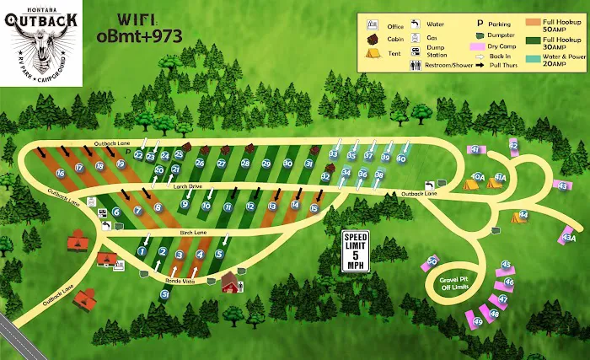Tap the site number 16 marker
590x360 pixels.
point(60,173)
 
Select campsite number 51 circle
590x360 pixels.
point(165,294)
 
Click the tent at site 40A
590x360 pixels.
point(470,182)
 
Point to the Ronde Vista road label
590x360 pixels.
point(180,282)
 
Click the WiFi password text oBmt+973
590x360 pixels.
point(138,36)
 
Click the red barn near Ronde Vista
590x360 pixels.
point(230,283)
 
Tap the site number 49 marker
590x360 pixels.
point(479,321)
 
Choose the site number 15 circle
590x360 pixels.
point(314,208)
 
